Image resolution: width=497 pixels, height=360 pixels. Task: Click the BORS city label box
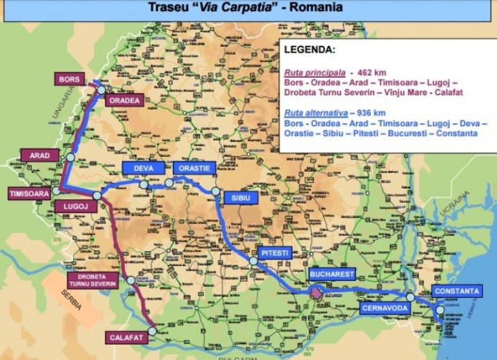coord(69,79)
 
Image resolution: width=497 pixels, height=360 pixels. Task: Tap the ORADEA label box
coord(124,100)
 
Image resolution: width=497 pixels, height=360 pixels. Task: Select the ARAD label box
coord(40,155)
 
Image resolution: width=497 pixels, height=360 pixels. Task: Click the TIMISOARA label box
coord(28,194)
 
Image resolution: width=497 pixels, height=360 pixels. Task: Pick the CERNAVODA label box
coord(384,308)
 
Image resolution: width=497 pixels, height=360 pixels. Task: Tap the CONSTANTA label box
coord(456,291)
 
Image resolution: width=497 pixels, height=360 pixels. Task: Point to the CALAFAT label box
coord(123,337)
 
